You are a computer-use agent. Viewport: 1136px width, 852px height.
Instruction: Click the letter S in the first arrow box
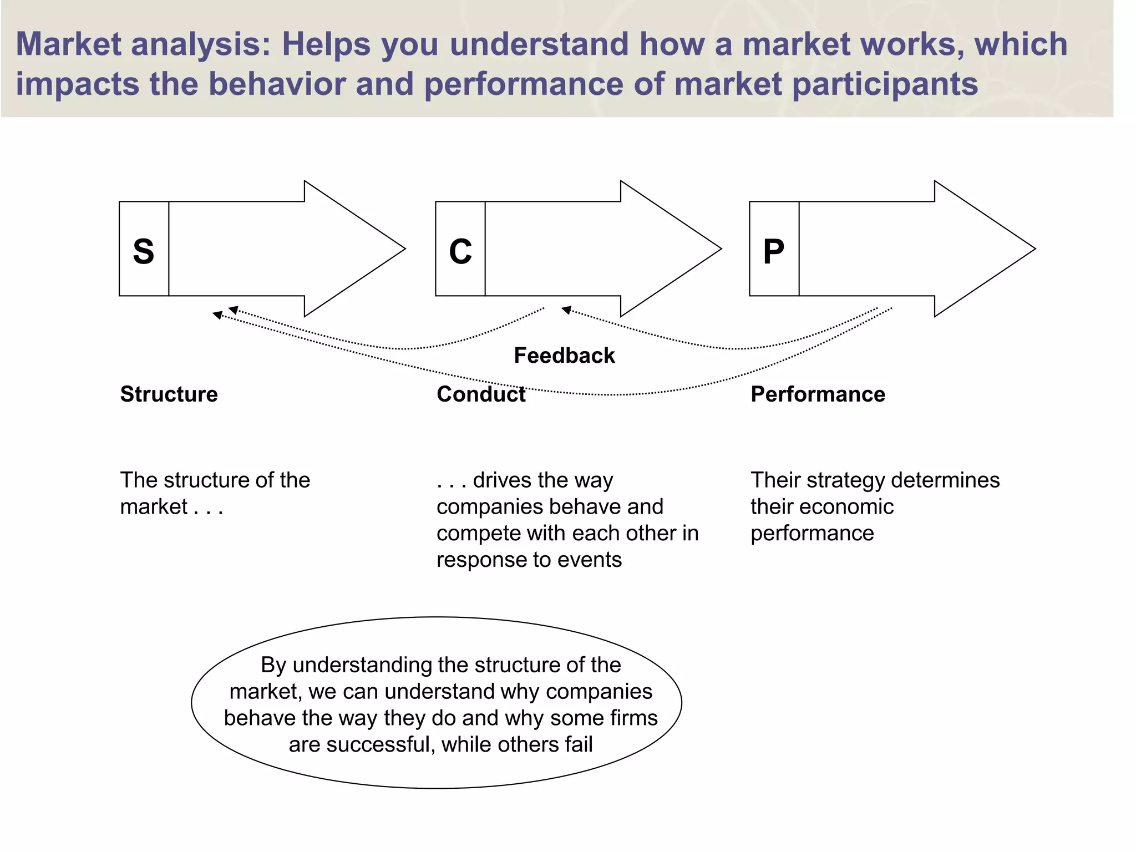coord(144,251)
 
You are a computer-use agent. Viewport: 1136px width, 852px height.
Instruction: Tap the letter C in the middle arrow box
coord(460,251)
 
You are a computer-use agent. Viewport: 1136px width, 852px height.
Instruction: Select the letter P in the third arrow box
coord(774,251)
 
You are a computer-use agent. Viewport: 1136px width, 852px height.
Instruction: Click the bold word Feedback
coord(564,356)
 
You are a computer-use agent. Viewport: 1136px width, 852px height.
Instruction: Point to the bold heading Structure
coord(169,394)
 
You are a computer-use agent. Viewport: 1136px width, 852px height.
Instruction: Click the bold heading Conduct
coord(481,394)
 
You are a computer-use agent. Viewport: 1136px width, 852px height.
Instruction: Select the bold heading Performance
coord(818,394)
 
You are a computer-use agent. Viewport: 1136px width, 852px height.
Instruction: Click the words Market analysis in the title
coord(142,44)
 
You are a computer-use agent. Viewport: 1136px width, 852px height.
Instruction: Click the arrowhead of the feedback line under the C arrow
coord(567,310)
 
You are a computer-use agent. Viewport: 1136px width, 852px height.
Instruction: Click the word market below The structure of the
coord(154,507)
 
